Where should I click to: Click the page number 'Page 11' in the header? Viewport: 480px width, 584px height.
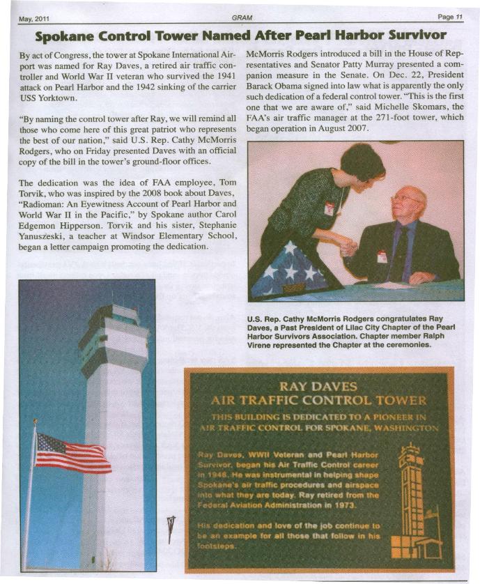[x=450, y=17]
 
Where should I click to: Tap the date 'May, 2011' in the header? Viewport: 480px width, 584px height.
[x=33, y=18]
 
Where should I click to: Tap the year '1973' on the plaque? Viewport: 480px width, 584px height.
[x=341, y=504]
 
